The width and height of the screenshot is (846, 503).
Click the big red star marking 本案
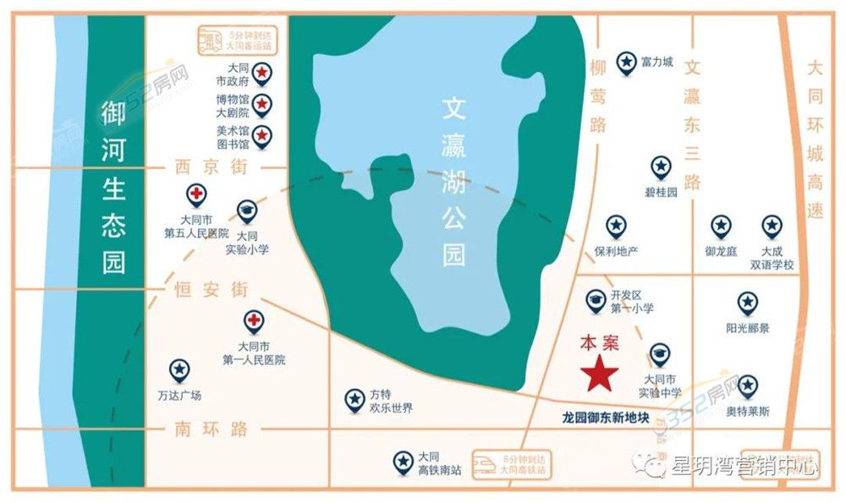pos(599,373)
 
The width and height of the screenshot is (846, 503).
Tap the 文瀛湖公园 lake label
pos(455,182)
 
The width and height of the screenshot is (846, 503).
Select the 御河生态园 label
pos(113,188)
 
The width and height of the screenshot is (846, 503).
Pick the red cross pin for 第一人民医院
pos(253,321)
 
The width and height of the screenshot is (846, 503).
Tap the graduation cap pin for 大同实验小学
pos(246,210)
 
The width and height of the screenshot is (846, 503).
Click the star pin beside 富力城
pos(626,62)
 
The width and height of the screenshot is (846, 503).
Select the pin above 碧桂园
pos(661,167)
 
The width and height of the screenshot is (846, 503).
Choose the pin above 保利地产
pos(615,226)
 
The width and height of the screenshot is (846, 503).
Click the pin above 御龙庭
pos(721,226)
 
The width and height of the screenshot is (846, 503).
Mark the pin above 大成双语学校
pos(772,226)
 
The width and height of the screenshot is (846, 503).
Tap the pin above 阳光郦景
pos(747,303)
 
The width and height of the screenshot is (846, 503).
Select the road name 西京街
pos(209,167)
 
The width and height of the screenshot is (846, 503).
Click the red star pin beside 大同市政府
pos(263,73)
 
